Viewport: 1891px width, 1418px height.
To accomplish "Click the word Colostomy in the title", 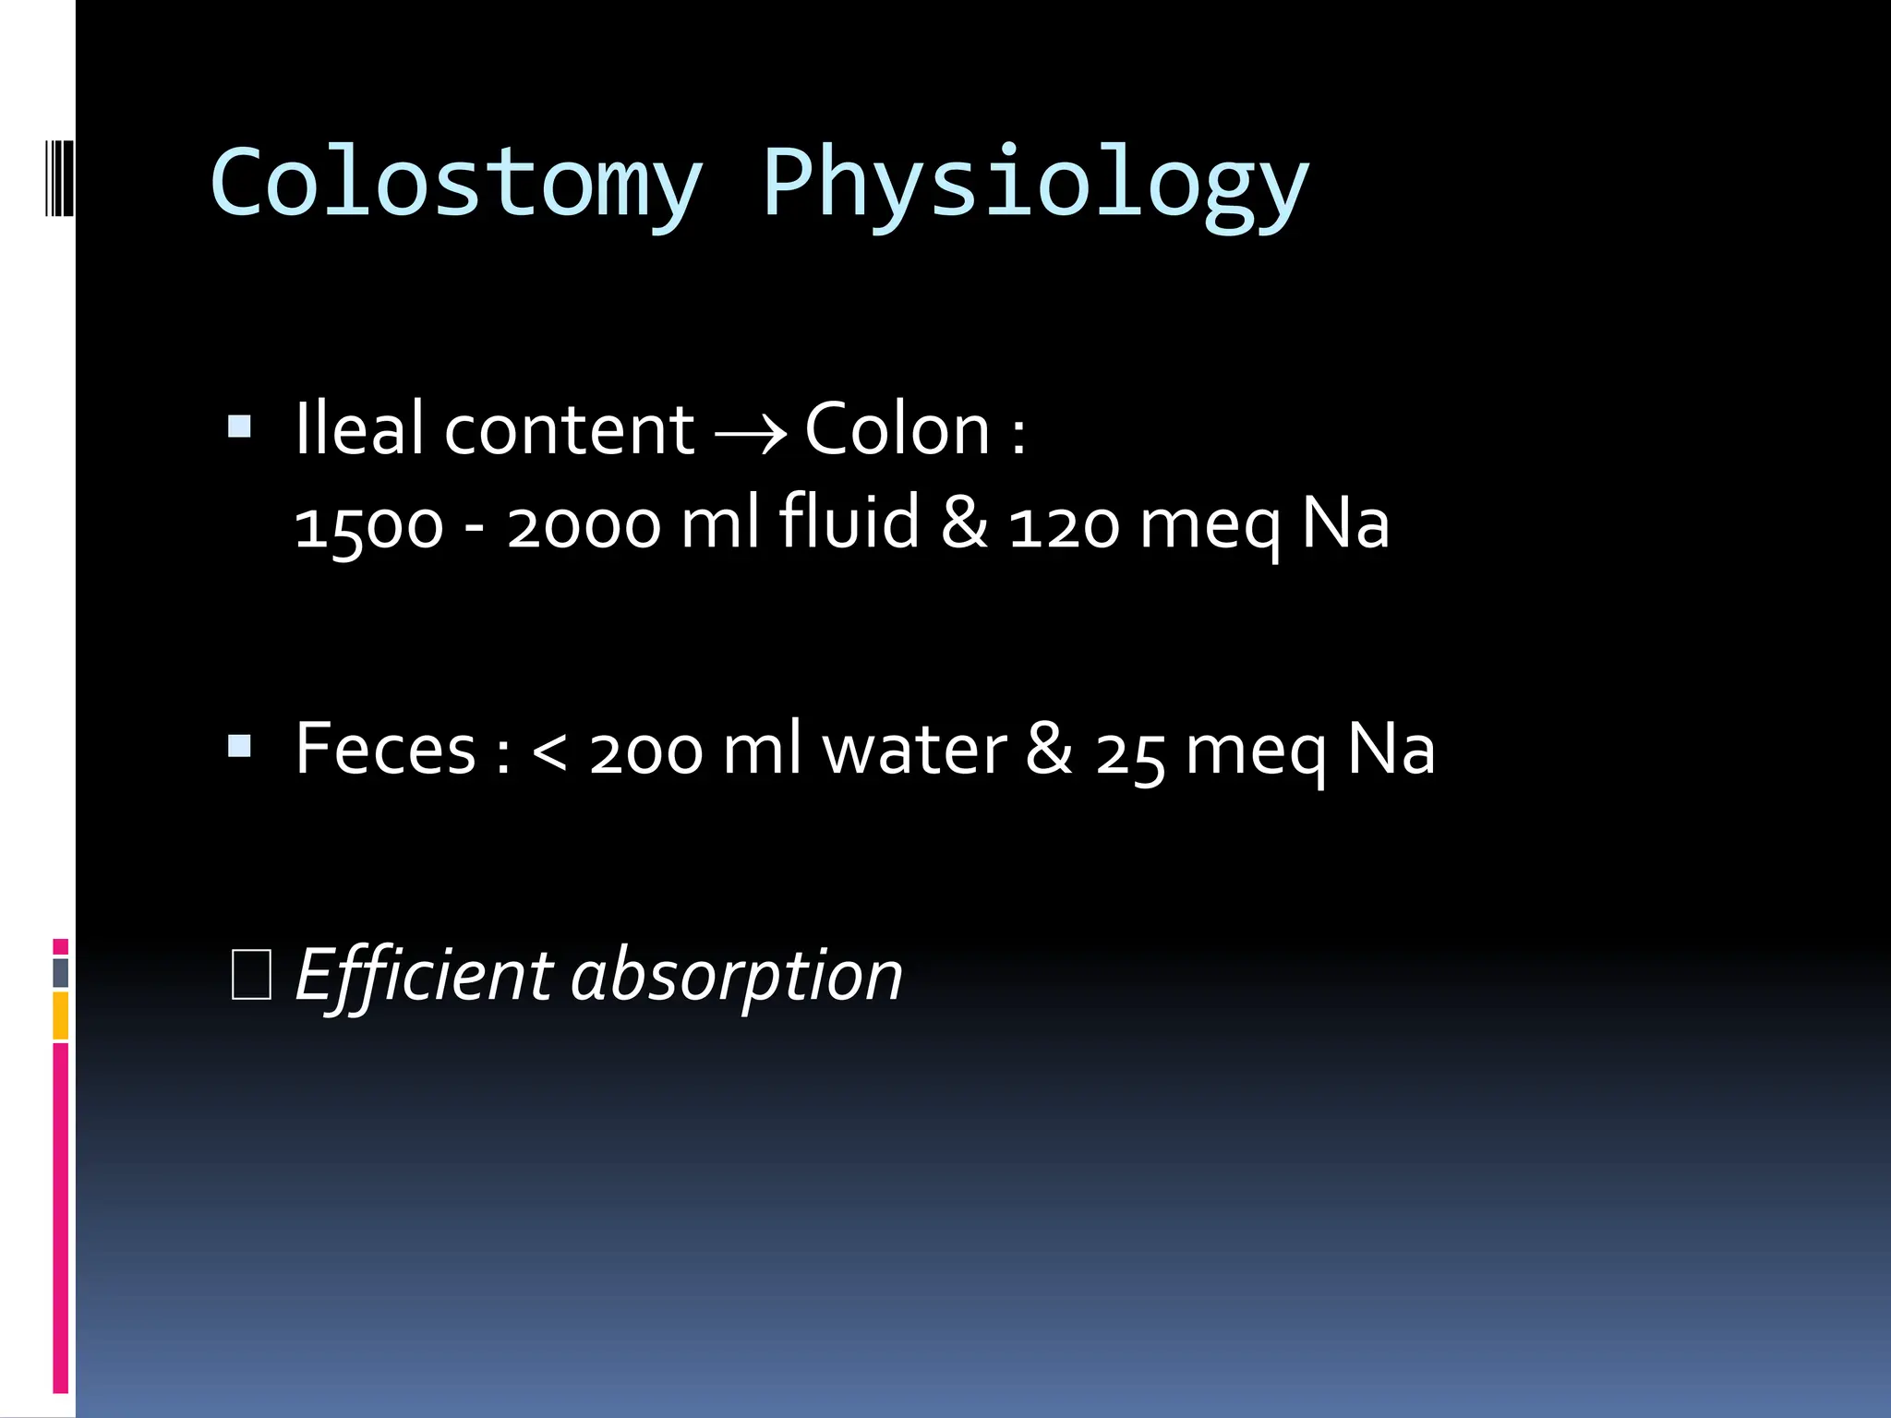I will click(456, 183).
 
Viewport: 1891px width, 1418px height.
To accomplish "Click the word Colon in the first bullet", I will click(897, 429).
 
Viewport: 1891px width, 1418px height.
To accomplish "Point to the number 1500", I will click(369, 525).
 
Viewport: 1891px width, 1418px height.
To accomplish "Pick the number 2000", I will click(584, 525).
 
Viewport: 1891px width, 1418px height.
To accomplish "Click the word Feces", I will click(385, 749).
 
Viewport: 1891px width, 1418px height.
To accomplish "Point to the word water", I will click(914, 749).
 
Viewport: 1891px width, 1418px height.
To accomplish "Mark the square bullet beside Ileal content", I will click(240, 427).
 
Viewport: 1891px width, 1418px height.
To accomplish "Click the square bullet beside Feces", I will click(240, 746).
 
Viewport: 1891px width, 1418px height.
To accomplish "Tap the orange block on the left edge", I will click(60, 1015).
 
